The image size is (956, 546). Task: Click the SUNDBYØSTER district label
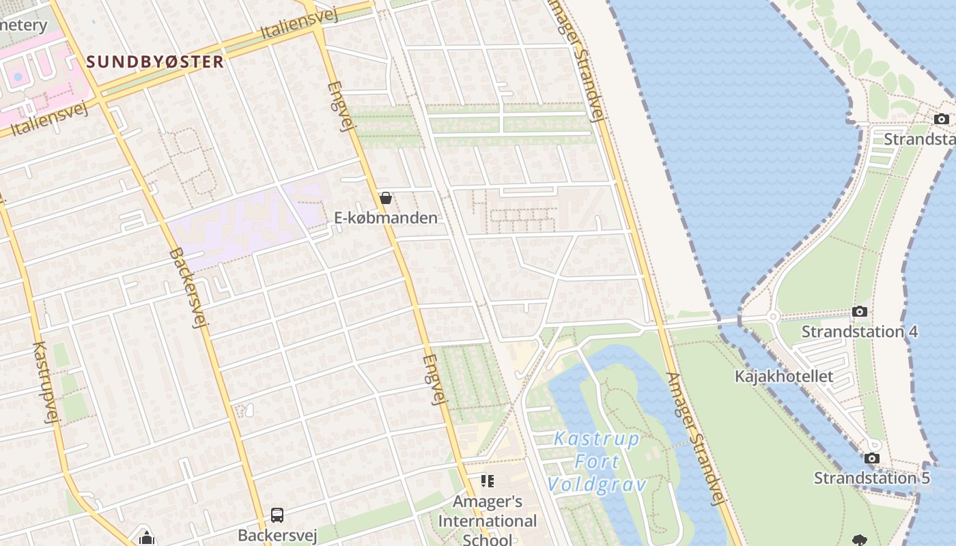click(155, 61)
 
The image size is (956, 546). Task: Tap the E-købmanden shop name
click(386, 218)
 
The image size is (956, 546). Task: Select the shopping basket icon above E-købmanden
click(386, 198)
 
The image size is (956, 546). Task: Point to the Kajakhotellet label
click(784, 376)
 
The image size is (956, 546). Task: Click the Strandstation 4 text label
click(860, 332)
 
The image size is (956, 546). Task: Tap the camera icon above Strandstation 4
click(860, 312)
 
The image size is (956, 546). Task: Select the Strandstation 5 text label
click(871, 478)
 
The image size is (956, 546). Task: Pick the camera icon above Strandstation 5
click(871, 458)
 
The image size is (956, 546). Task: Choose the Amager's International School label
click(487, 521)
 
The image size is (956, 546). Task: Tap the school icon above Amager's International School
click(487, 481)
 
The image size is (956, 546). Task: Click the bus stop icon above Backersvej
click(277, 515)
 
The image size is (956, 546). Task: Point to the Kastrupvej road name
click(42, 382)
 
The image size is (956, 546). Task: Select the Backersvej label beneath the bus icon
click(277, 534)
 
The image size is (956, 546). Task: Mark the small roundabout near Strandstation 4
click(772, 317)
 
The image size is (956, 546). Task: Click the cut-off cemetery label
click(24, 25)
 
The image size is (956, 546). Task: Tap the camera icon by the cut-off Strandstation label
click(942, 119)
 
